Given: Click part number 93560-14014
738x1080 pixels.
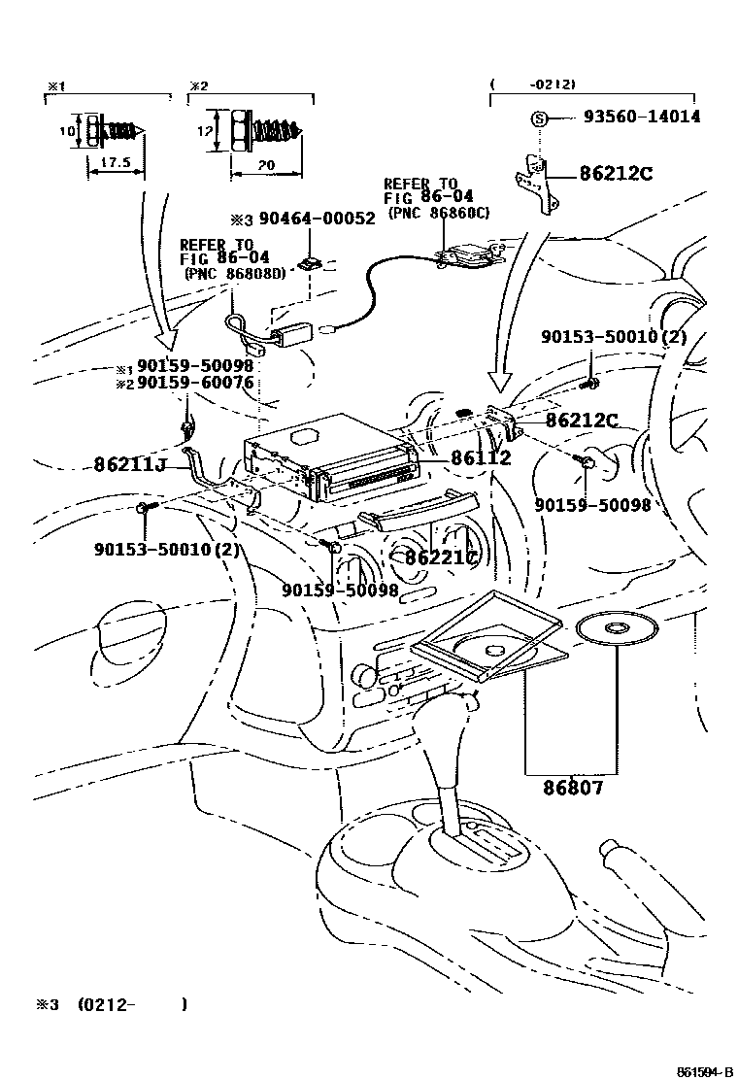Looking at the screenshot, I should tap(642, 118).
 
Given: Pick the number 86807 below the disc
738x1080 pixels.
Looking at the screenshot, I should tap(573, 788).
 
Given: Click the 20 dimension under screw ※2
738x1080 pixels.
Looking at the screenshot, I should tap(265, 166).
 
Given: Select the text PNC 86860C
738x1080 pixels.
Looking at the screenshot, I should tap(437, 213).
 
